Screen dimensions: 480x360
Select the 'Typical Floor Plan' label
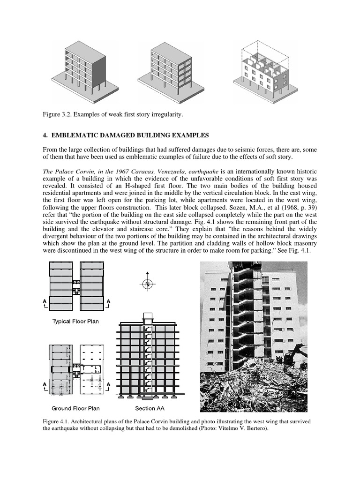75,322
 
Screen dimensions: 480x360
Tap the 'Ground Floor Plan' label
75,408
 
